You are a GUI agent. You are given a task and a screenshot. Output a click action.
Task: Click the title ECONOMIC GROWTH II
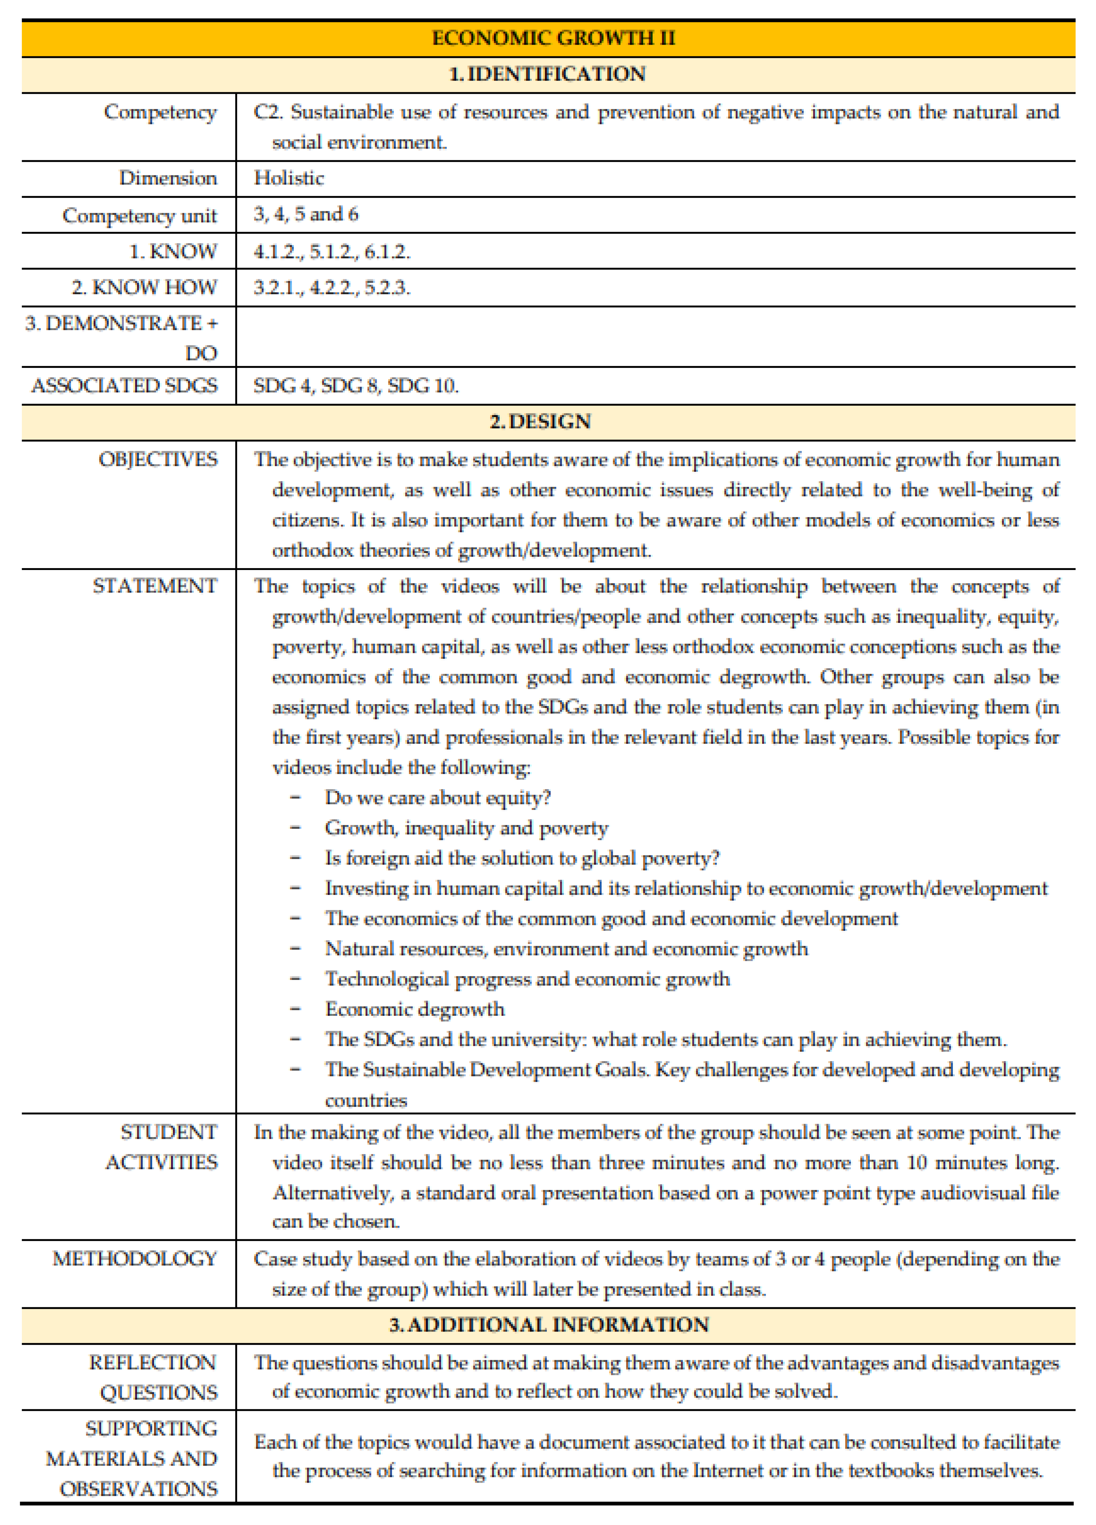tap(553, 38)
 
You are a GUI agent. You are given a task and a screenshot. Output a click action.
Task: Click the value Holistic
tap(289, 178)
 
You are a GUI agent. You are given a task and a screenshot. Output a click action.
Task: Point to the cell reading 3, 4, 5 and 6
tap(306, 215)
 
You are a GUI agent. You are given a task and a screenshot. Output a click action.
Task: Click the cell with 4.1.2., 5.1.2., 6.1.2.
tap(332, 252)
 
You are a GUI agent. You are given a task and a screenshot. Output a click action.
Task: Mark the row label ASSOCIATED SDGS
tap(125, 386)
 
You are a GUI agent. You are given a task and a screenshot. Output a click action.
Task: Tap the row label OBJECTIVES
tap(158, 460)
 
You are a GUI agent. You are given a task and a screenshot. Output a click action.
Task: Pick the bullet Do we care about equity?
tap(438, 798)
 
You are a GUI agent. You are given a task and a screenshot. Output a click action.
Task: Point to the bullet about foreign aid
tap(522, 859)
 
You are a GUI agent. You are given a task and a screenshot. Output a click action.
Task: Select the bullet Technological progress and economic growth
tap(527, 979)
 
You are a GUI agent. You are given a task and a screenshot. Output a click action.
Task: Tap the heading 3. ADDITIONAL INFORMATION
tap(549, 1325)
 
